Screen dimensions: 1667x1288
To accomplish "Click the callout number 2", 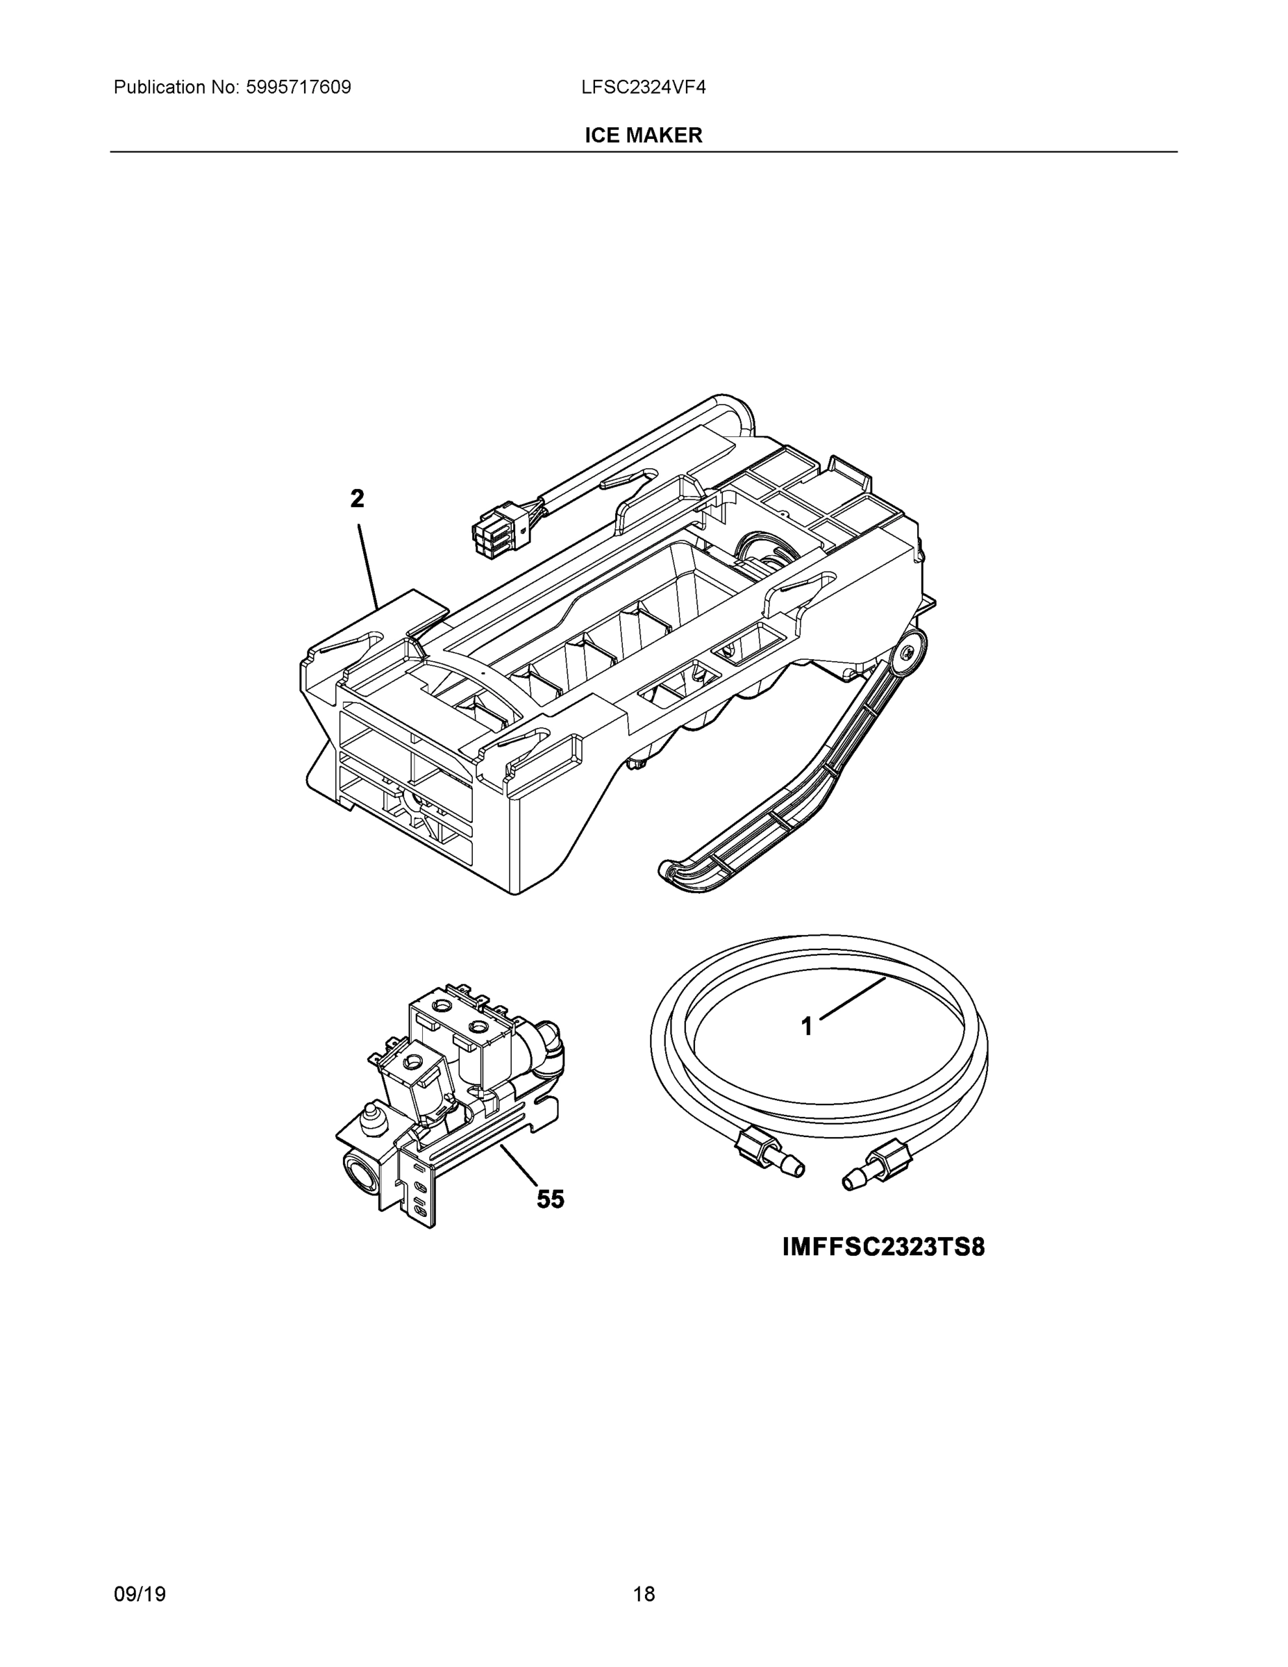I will tap(357, 499).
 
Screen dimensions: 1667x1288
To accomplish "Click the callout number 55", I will tap(550, 1199).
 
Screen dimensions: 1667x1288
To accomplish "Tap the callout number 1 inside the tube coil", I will tap(807, 1027).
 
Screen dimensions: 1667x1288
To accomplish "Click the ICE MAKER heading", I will tap(643, 135).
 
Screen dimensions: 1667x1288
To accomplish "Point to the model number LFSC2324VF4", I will tap(643, 87).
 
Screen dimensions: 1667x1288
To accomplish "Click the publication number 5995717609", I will tap(299, 87).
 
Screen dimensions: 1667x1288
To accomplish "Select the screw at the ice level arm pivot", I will tap(908, 653).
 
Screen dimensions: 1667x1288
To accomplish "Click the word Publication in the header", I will tap(159, 87).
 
